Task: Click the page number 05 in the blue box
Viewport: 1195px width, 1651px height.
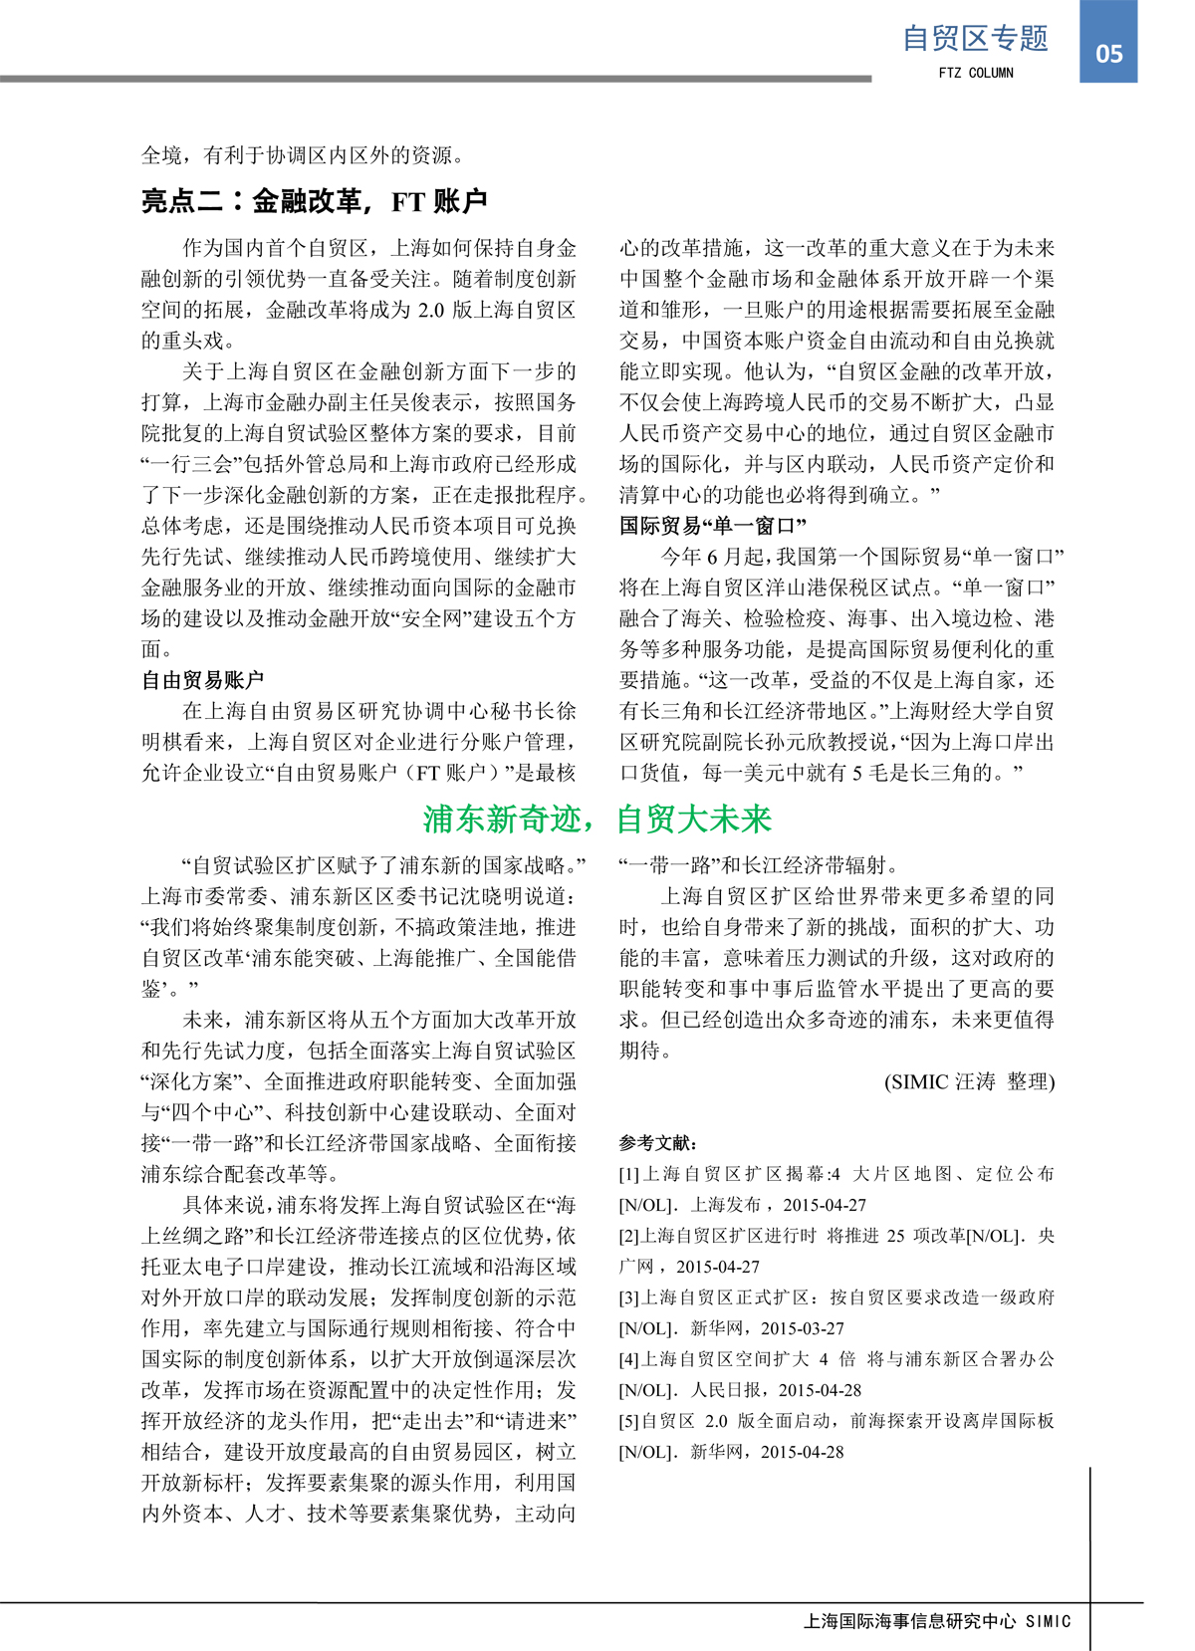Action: [1108, 54]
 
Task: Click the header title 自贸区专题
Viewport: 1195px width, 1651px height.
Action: [975, 38]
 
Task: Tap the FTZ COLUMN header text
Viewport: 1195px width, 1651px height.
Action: [976, 73]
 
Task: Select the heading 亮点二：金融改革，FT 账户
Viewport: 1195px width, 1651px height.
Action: [314, 201]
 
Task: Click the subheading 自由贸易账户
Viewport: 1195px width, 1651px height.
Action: [202, 680]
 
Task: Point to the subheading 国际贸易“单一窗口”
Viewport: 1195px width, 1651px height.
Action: [712, 526]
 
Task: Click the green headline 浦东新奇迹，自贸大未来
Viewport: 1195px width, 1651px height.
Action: [597, 819]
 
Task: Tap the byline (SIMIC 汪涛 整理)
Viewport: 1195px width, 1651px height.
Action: [969, 1081]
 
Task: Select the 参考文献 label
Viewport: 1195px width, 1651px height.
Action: [658, 1143]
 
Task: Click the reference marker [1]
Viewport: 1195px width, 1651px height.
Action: [629, 1174]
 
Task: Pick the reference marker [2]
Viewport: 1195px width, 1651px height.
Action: [629, 1236]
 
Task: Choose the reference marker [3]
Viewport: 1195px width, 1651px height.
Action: [629, 1297]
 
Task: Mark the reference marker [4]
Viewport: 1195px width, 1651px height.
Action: [629, 1359]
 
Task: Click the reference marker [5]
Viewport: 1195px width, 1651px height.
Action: [629, 1421]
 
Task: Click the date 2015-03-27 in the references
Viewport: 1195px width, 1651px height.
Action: [802, 1328]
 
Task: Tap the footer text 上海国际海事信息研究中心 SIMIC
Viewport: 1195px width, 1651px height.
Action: [937, 1622]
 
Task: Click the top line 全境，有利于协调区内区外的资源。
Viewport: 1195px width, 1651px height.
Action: [303, 155]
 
